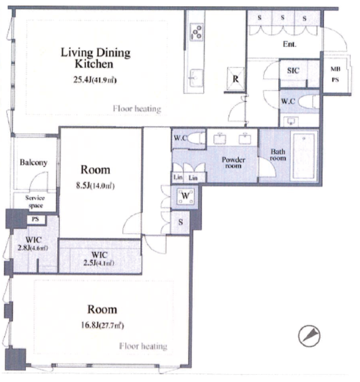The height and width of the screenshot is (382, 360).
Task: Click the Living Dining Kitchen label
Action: pyautogui.click(x=95, y=58)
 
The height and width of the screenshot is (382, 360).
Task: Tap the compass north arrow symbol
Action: pyautogui.click(x=309, y=336)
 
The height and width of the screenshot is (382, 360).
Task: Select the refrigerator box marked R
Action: pyautogui.click(x=235, y=78)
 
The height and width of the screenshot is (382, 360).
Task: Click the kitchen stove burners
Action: pyautogui.click(x=197, y=32)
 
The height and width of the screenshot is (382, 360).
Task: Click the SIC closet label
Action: pyautogui.click(x=293, y=70)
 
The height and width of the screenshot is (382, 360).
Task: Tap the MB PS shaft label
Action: pyautogui.click(x=335, y=74)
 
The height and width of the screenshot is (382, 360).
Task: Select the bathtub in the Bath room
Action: pyautogui.click(x=304, y=156)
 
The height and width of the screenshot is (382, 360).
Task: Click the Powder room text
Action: pyautogui.click(x=233, y=163)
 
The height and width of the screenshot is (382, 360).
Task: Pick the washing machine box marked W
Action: pyautogui.click(x=186, y=196)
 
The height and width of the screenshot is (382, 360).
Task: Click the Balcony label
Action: pyautogui.click(x=34, y=163)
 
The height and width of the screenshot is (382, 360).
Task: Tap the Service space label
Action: pyautogui.click(x=35, y=202)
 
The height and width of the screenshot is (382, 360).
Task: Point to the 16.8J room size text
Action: pyautogui.click(x=103, y=325)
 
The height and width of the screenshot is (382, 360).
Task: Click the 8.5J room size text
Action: pyautogui.click(x=95, y=186)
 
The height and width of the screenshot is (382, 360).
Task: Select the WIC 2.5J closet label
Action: pyautogui.click(x=99, y=259)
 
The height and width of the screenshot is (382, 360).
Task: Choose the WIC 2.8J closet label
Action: pyautogui.click(x=33, y=243)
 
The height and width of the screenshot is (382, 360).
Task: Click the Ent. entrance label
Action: pyautogui.click(x=290, y=44)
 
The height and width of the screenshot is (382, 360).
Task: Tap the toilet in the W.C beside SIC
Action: pyautogui.click(x=309, y=101)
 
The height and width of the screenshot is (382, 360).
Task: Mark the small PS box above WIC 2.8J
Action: pyautogui.click(x=35, y=219)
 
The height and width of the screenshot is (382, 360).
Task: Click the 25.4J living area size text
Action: pyautogui.click(x=95, y=80)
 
